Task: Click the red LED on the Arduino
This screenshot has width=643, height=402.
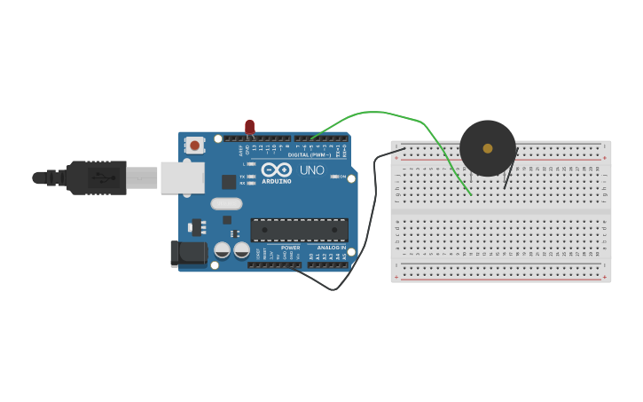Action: click(249, 127)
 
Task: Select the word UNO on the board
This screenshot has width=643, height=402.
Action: click(311, 170)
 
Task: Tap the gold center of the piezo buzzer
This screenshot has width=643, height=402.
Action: click(488, 148)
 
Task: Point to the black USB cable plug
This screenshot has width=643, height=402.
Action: click(98, 177)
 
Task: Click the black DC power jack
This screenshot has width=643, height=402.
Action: click(188, 254)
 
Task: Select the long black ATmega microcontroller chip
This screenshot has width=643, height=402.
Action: click(299, 230)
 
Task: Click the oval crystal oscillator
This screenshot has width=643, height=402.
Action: click(226, 203)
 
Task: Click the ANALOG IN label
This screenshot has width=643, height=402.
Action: click(332, 248)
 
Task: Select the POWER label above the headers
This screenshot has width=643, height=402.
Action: click(291, 248)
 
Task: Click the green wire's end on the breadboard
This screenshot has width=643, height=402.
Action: click(470, 193)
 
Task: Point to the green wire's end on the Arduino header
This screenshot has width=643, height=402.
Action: click(312, 138)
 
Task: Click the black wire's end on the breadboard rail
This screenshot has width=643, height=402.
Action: click(404, 149)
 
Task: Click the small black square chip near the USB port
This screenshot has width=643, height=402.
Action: click(229, 182)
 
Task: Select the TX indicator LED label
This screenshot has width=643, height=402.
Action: click(242, 177)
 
